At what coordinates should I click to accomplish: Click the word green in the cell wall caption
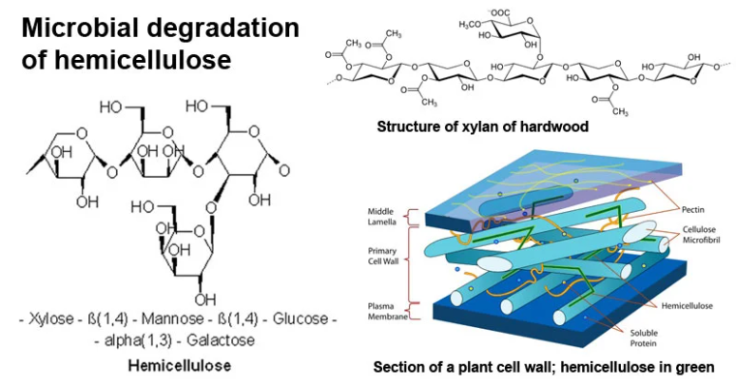point(693,366)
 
